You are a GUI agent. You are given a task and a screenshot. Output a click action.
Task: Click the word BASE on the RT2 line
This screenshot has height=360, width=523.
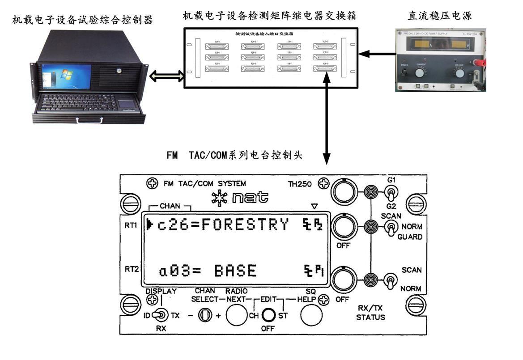[235, 271]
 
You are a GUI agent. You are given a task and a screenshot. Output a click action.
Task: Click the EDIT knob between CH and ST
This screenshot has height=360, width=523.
[268, 315]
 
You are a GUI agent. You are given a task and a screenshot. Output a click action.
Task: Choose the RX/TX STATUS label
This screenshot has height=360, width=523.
[370, 313]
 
